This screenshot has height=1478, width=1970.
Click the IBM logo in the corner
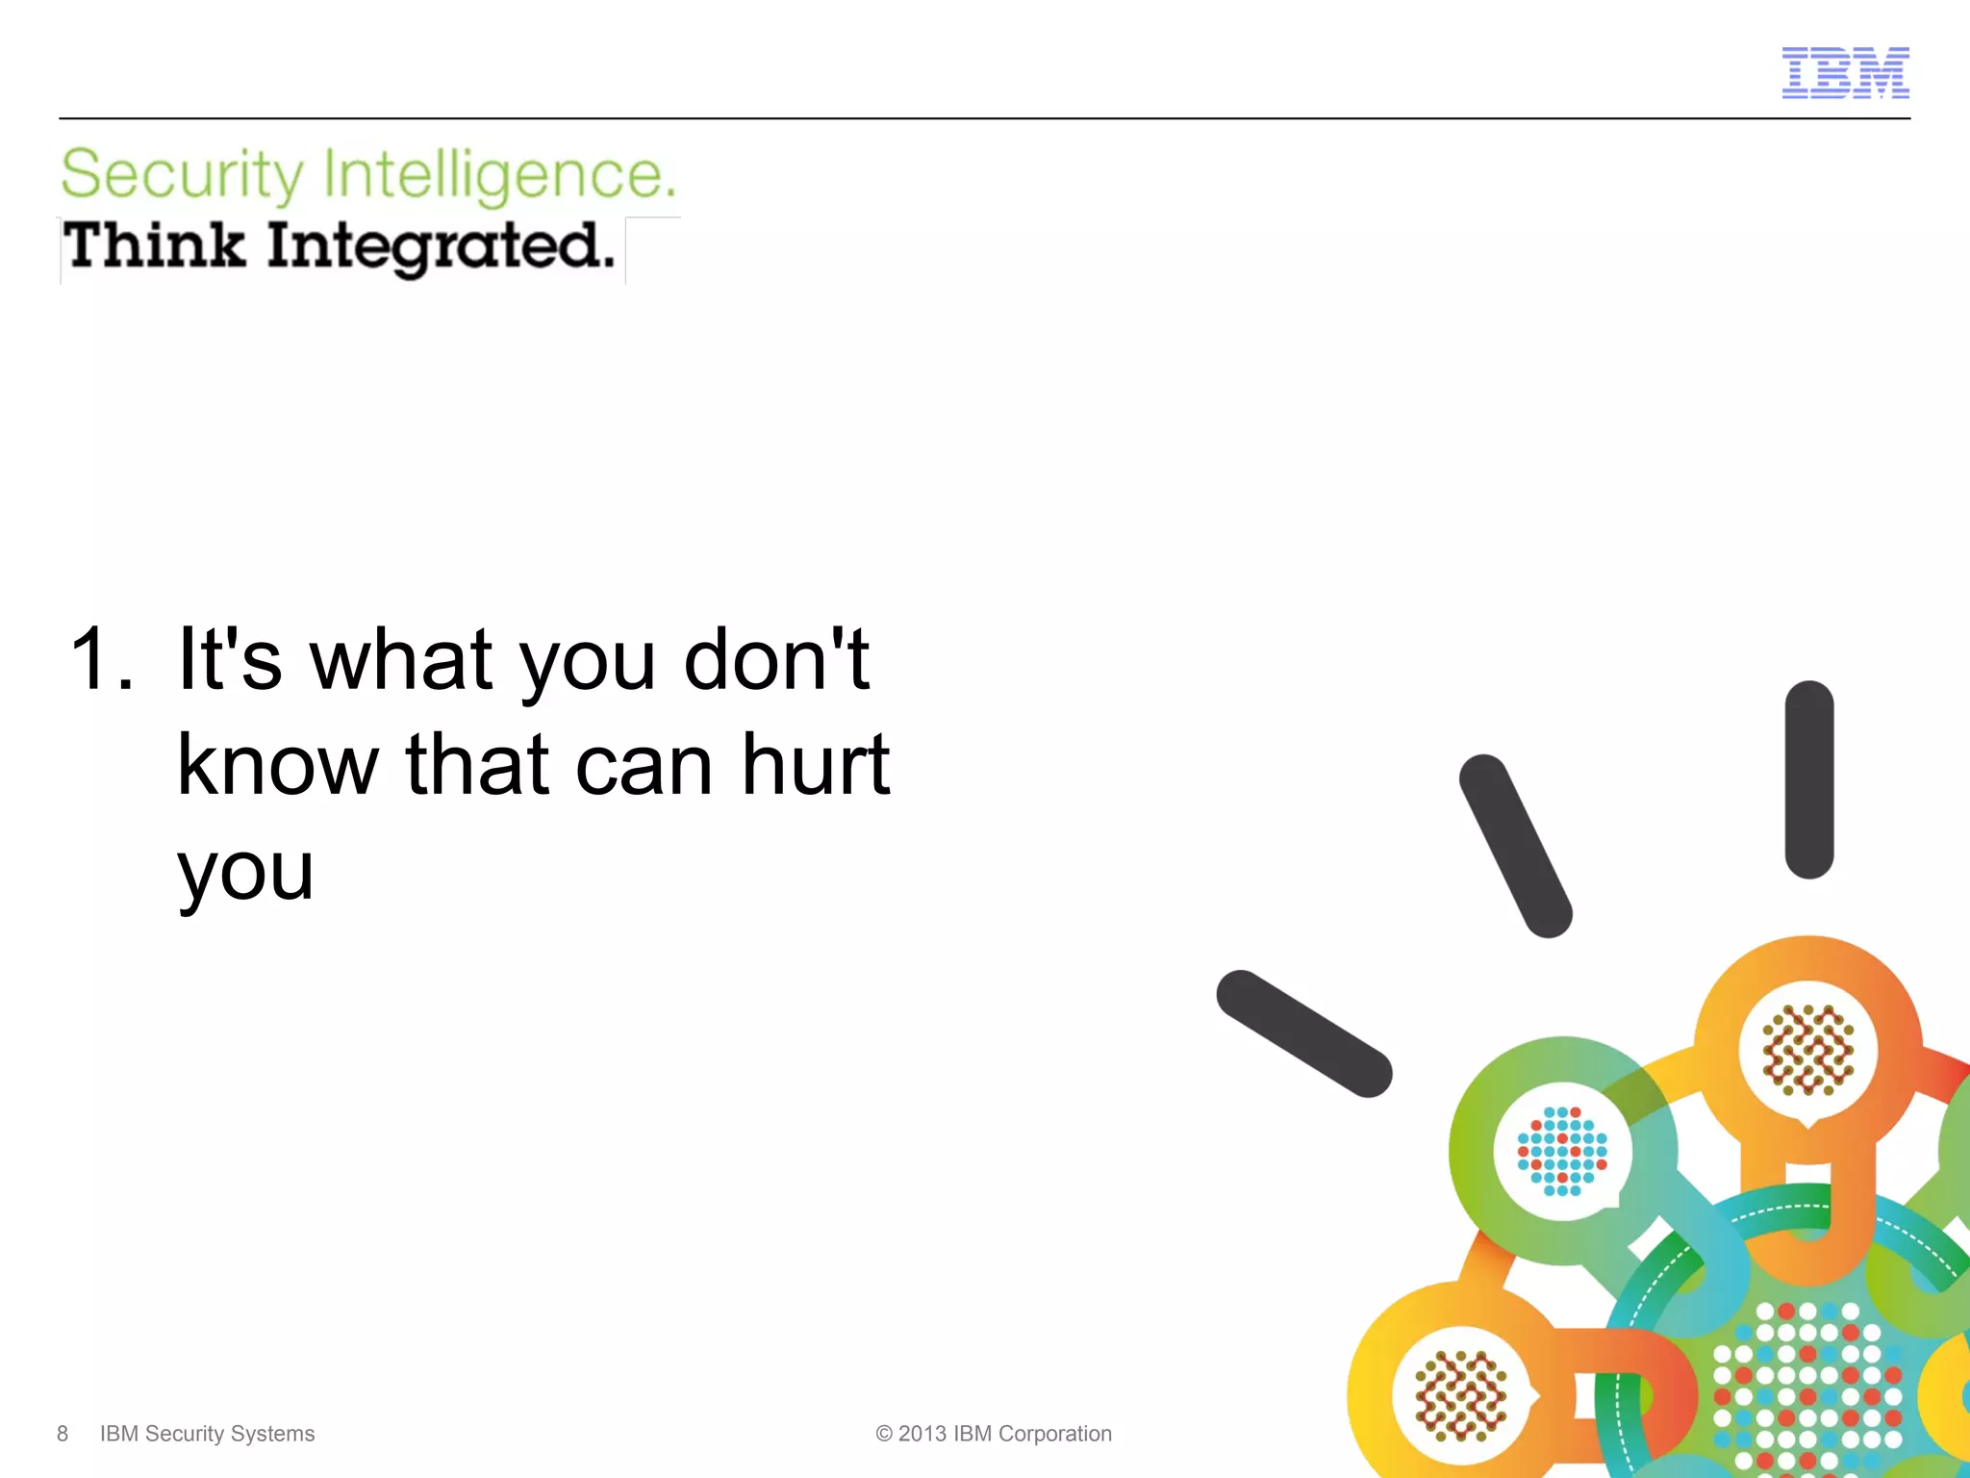[x=1845, y=73]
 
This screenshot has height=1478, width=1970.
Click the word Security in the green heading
[x=182, y=175]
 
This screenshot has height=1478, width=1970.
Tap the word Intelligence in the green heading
[x=499, y=175]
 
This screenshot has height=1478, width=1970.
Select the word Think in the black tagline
[x=154, y=245]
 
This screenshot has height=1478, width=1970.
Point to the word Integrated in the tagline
[x=440, y=247]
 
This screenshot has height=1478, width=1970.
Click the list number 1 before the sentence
[x=100, y=660]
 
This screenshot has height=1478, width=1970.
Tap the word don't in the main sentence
[x=776, y=660]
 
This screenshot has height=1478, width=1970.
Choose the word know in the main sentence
[x=278, y=765]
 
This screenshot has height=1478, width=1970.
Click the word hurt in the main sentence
[x=816, y=765]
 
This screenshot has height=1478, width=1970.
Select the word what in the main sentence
[x=401, y=660]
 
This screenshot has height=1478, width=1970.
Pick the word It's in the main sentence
[x=230, y=660]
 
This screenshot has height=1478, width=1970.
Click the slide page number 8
[x=63, y=1434]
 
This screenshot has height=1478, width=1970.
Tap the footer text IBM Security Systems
[x=207, y=1434]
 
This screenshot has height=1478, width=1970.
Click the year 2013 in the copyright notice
[x=922, y=1434]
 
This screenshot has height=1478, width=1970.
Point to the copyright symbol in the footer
[x=884, y=1434]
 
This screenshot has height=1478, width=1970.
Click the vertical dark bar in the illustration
[x=1809, y=779]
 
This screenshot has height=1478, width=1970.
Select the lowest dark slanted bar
[x=1303, y=1033]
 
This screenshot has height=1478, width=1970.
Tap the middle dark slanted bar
[x=1515, y=845]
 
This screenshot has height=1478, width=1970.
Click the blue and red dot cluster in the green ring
[x=1562, y=1151]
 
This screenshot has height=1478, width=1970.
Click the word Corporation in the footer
[x=1055, y=1434]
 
